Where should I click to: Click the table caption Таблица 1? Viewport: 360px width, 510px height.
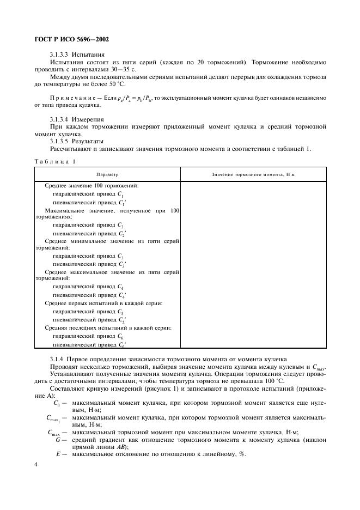[55, 161]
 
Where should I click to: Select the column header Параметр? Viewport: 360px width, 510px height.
[107, 174]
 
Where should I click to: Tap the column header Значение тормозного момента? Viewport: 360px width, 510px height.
[253, 174]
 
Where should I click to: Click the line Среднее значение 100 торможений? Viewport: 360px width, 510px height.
[91, 186]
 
